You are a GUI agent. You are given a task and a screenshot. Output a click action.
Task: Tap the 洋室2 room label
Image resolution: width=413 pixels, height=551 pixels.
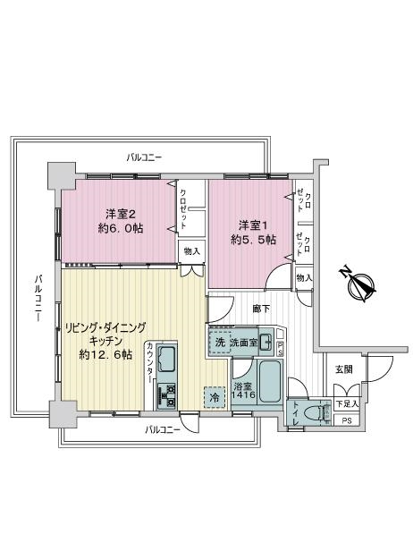[x=121, y=213]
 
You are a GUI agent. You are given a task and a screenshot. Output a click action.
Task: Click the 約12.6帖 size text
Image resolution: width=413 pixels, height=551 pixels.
[x=105, y=355]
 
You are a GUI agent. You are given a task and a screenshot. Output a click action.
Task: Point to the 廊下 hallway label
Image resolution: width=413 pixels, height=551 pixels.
[x=262, y=309]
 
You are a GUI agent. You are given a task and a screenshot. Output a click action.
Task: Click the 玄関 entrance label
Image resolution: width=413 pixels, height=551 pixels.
[x=344, y=369]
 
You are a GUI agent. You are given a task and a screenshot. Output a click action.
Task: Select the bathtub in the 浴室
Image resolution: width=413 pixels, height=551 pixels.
[x=270, y=380]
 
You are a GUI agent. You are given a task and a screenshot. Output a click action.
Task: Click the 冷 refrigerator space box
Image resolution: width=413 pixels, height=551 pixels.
[x=215, y=397]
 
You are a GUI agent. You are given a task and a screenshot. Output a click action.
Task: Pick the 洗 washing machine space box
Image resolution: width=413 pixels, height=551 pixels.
[x=220, y=343]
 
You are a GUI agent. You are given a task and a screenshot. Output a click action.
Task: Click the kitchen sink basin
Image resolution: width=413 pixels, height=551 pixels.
[x=167, y=360]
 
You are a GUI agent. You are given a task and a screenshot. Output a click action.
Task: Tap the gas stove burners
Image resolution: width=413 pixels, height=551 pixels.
[x=167, y=395]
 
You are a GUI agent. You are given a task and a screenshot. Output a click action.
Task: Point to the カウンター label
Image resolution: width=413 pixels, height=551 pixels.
[x=149, y=362]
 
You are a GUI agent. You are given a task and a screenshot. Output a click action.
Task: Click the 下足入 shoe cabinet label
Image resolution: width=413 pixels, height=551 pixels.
[x=347, y=404]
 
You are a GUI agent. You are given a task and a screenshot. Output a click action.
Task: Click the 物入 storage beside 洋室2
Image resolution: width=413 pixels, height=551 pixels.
[x=191, y=251]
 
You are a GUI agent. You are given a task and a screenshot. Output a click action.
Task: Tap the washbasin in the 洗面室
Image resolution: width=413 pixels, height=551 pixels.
[x=266, y=342]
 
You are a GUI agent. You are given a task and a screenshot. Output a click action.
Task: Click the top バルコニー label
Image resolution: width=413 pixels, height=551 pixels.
[x=144, y=157]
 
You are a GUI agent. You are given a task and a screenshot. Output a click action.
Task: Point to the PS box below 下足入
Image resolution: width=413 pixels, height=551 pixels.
[x=347, y=420]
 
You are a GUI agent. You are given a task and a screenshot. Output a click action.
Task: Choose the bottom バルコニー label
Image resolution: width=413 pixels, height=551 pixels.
[x=163, y=429]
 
